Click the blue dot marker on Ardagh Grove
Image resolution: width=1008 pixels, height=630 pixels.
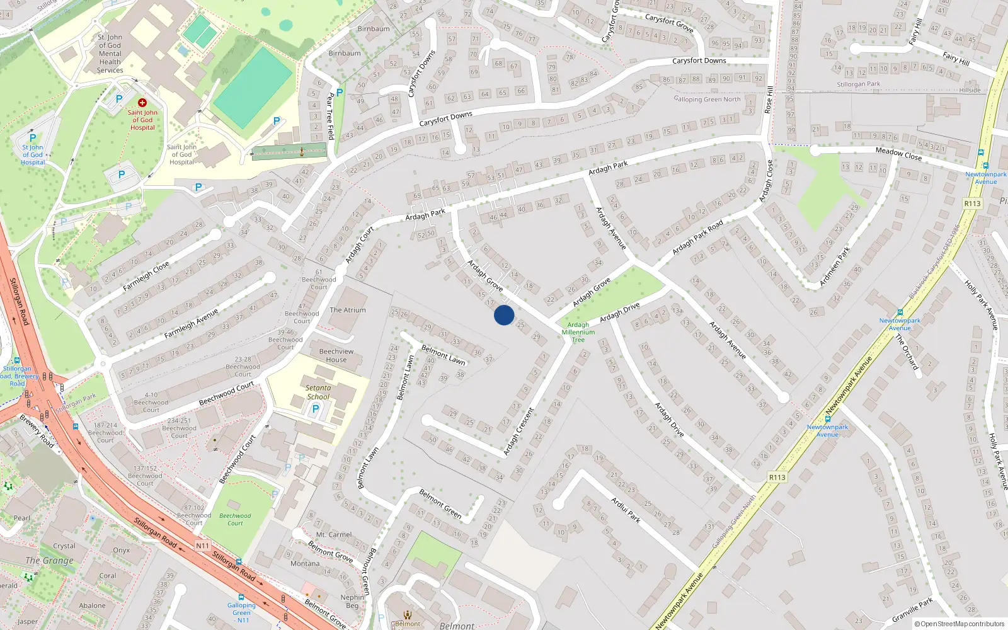point(504,315)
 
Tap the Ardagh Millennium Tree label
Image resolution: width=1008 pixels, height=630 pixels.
point(578,333)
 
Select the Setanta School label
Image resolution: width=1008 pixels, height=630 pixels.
point(318,392)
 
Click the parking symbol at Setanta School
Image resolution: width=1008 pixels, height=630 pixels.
point(316,409)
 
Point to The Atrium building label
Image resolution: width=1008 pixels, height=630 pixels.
point(348,310)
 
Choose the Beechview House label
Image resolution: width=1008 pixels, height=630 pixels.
point(336,355)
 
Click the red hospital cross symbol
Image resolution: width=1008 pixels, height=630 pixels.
point(142,102)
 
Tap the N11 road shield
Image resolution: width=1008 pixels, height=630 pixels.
point(202,546)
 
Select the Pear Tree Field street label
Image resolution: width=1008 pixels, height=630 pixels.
point(331,116)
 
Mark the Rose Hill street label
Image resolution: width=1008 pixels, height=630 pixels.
point(769,100)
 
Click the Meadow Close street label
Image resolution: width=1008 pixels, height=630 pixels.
point(898,153)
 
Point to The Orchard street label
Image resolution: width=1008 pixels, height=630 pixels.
point(907,352)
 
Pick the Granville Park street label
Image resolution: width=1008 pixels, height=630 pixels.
point(912,610)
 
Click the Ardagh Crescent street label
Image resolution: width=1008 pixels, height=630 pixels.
point(518,432)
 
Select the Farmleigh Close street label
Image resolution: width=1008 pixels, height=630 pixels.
point(146,276)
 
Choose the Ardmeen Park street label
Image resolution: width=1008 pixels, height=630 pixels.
point(835,266)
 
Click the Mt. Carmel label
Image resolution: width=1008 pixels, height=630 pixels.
point(334,535)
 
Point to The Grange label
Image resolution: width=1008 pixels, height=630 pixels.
point(49,560)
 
